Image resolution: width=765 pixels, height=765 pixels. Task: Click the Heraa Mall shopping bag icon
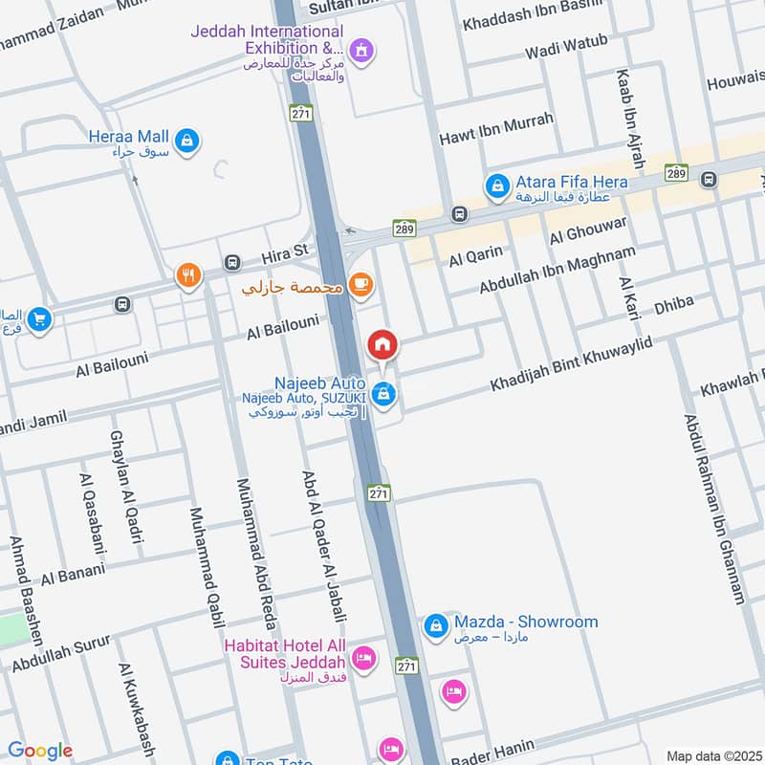coord(187,141)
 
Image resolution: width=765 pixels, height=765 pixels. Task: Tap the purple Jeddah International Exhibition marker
coord(361,48)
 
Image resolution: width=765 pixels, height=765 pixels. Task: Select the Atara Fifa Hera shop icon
coord(495,187)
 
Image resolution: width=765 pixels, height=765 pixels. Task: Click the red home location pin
coord(382,344)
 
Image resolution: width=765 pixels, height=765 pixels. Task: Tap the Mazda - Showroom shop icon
coord(435,625)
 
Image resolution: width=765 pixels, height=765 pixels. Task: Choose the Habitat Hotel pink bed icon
coord(363,658)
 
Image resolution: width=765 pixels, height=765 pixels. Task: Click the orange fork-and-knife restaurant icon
coord(188,277)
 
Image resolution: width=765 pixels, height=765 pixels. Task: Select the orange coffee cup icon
coord(361,284)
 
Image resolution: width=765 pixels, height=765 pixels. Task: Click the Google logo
coord(40,751)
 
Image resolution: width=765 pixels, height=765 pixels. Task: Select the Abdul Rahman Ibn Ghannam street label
coord(713,509)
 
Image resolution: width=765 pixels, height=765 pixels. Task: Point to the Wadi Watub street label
coord(566,48)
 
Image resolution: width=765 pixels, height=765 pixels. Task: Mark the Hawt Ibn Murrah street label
coord(496,131)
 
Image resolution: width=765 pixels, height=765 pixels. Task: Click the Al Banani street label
coord(67,577)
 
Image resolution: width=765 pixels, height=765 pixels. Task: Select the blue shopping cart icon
coord(39,317)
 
